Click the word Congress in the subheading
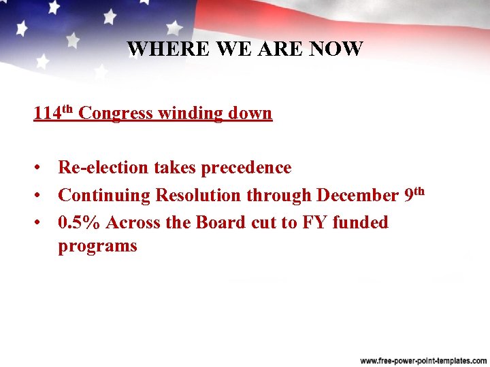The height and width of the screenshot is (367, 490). pyautogui.click(x=116, y=113)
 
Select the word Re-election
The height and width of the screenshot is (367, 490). pyautogui.click(x=106, y=168)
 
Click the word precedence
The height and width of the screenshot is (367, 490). pyautogui.click(x=244, y=168)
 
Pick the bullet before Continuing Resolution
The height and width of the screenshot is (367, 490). pyautogui.click(x=42, y=196)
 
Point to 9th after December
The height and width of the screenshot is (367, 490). pyautogui.click(x=414, y=194)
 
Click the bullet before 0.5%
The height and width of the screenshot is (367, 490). pyautogui.click(x=42, y=223)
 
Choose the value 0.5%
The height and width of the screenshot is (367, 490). pyautogui.click(x=80, y=223)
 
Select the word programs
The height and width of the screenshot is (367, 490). pyautogui.click(x=97, y=246)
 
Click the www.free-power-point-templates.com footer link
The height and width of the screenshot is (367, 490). pyautogui.click(x=423, y=360)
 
